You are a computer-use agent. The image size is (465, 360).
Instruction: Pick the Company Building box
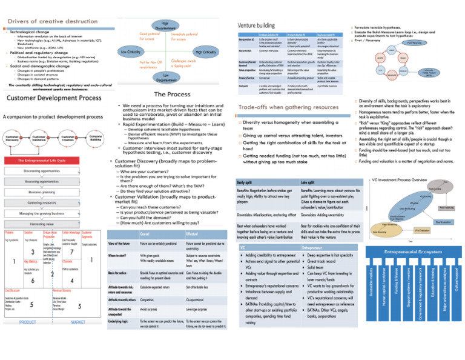tap(94, 138)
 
